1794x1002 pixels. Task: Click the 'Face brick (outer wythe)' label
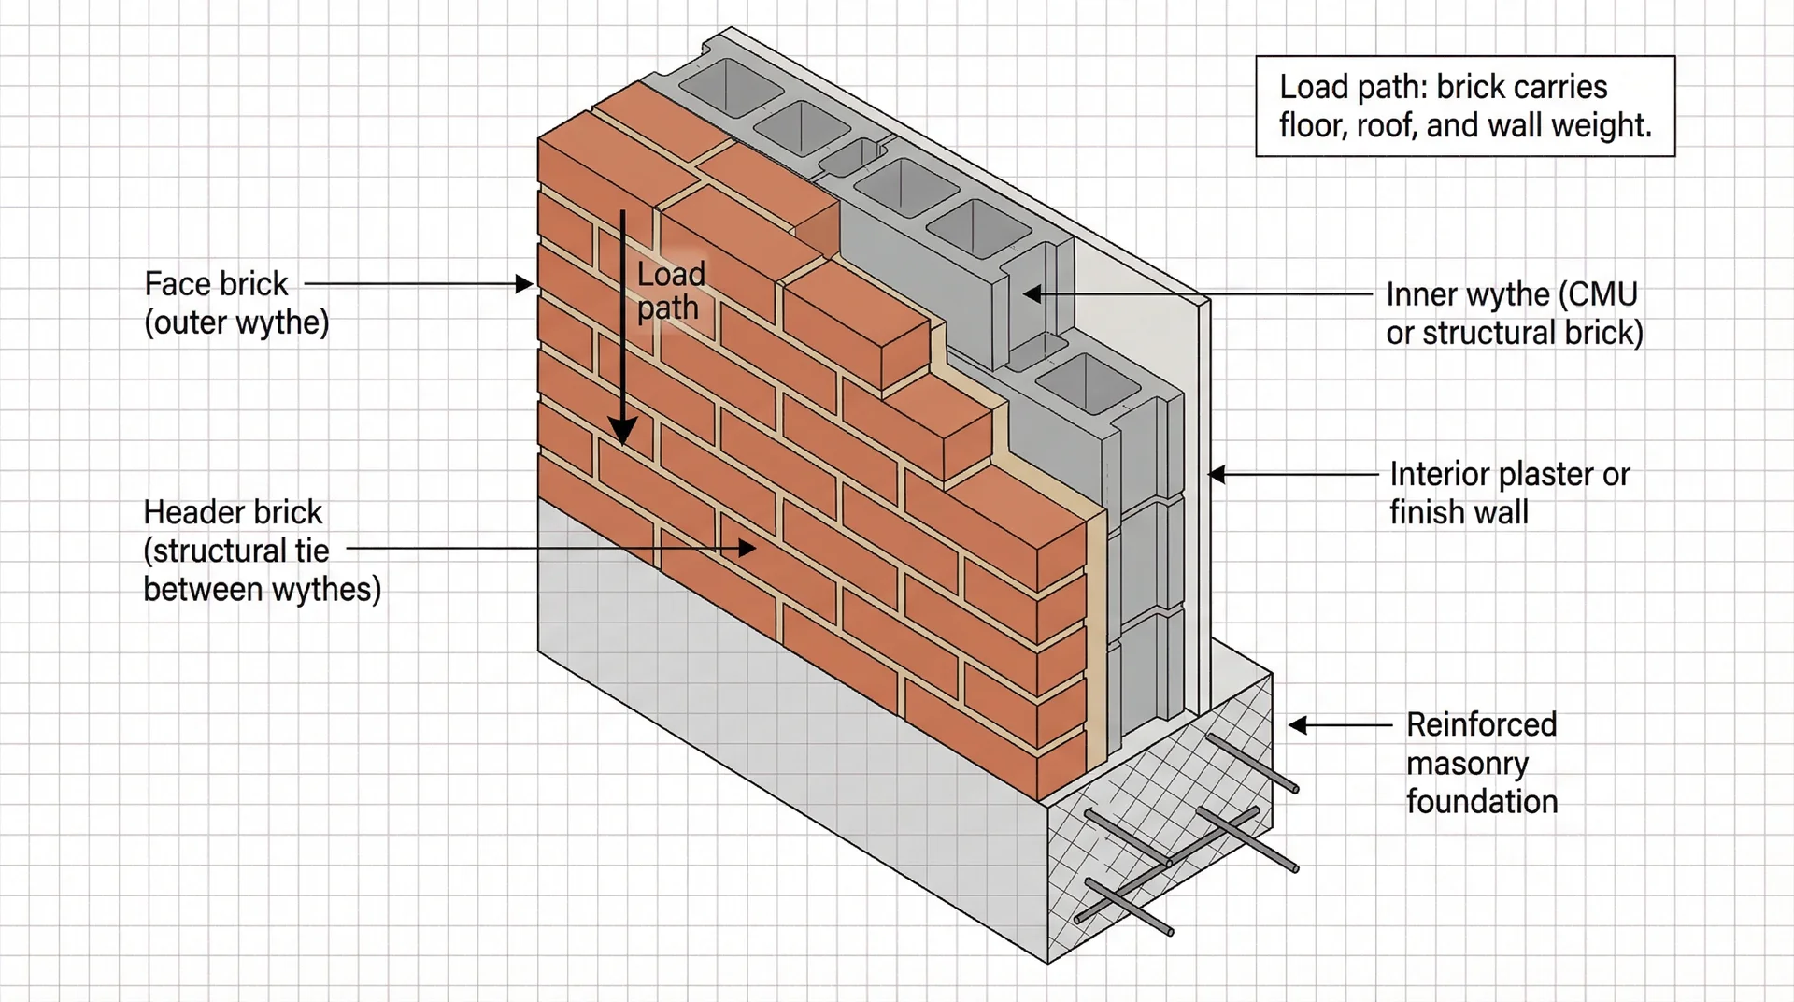coord(236,303)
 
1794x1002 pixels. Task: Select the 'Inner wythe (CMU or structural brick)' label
coord(1514,313)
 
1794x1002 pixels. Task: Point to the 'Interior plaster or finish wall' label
coord(1509,493)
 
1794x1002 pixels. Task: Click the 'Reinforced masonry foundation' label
coord(1482,763)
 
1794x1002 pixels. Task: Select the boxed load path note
coord(1465,106)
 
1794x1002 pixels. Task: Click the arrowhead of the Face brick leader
coord(526,284)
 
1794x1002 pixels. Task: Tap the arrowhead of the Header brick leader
coord(747,549)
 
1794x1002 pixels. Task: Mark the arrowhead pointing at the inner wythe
coord(1031,294)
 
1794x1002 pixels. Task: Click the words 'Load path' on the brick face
coord(670,291)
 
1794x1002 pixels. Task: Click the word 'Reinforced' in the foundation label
coord(1482,724)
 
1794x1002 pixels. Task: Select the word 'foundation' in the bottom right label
coord(1482,801)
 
